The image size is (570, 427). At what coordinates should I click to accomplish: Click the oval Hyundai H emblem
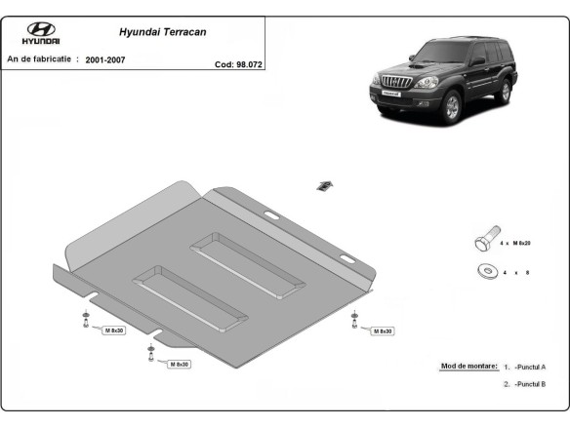click(x=40, y=29)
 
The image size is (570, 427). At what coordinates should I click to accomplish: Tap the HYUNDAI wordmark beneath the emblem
click(x=40, y=44)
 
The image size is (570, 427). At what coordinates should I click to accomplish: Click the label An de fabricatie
click(x=42, y=59)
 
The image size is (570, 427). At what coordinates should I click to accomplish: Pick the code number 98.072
click(x=249, y=66)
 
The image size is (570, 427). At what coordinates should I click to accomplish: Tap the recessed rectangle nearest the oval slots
click(x=248, y=264)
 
